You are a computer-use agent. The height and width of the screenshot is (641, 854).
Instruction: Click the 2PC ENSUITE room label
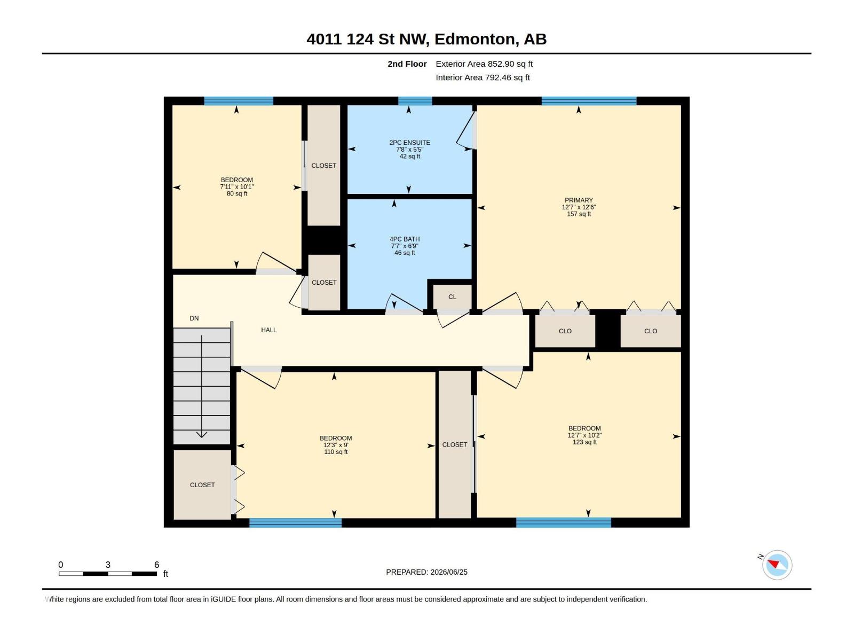(x=410, y=143)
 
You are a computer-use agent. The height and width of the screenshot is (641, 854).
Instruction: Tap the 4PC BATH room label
(x=405, y=239)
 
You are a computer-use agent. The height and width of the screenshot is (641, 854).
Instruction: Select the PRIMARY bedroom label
(x=579, y=200)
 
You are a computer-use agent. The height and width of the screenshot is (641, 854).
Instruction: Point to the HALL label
(x=269, y=330)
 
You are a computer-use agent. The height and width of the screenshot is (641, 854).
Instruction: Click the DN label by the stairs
(x=194, y=318)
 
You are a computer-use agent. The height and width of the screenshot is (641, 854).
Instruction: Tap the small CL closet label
(x=452, y=296)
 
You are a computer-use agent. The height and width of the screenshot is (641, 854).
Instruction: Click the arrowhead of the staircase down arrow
(x=202, y=434)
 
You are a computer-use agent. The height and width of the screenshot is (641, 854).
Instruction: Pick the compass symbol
(x=777, y=565)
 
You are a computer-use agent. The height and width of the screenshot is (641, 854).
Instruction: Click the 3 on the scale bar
(x=108, y=565)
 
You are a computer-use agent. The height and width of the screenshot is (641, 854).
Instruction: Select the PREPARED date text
(x=426, y=572)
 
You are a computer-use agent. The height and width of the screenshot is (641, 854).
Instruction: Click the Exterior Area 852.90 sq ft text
(x=484, y=64)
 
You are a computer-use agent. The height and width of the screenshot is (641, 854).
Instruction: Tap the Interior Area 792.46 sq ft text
(x=483, y=77)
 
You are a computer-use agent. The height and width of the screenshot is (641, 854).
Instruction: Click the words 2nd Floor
(x=407, y=64)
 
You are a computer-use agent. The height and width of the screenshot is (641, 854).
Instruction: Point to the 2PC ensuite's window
(x=415, y=101)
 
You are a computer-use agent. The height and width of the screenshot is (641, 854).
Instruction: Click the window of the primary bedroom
(x=589, y=101)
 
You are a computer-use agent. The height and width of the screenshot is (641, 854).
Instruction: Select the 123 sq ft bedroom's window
(x=563, y=523)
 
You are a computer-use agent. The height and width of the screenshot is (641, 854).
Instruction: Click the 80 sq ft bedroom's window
(x=239, y=101)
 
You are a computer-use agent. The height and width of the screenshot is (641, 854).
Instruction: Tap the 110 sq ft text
(x=336, y=452)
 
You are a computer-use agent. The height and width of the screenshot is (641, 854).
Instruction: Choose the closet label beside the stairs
(x=202, y=485)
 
